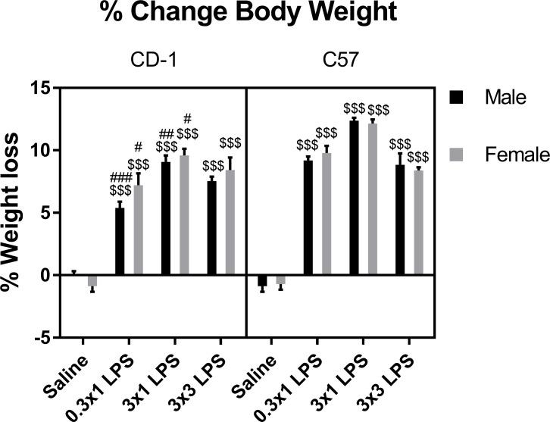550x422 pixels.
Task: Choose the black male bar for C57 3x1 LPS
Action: coord(354,198)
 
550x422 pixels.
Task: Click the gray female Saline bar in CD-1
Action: coord(92,280)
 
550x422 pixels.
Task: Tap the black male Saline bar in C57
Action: coord(262,280)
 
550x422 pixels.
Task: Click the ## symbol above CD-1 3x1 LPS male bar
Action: coord(167,134)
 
